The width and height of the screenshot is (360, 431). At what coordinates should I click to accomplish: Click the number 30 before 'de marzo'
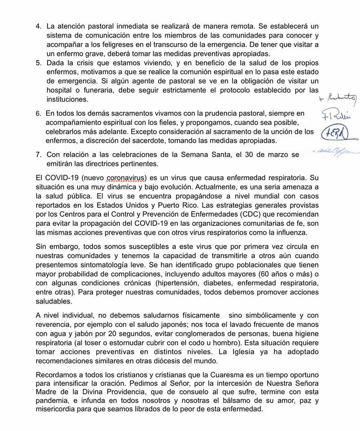click(241, 154)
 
